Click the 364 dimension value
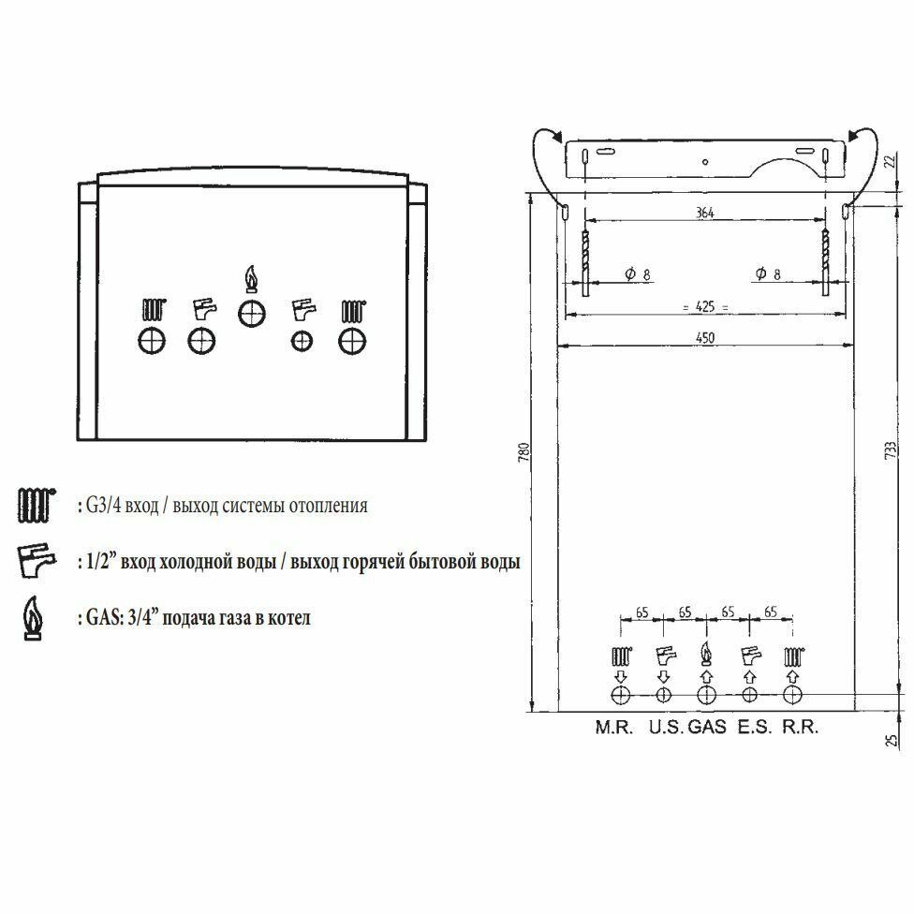point(705,213)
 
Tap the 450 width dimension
point(705,337)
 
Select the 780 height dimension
point(523,452)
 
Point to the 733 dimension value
point(890,450)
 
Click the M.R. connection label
point(613,728)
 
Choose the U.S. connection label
point(666,728)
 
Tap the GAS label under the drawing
point(707,728)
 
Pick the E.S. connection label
point(754,728)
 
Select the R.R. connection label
point(801,728)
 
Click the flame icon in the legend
point(33,618)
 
